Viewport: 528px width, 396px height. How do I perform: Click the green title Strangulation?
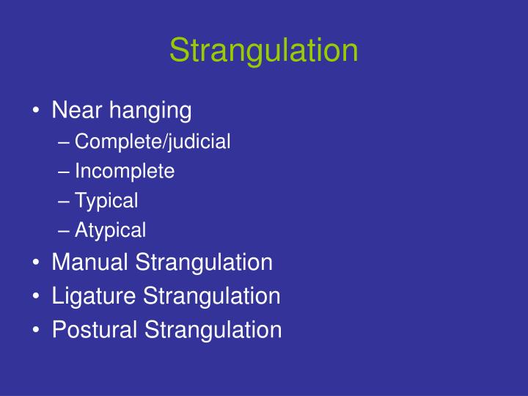pos(264,51)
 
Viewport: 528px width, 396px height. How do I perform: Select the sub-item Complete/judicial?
pos(153,142)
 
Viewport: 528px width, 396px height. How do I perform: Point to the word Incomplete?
pos(125,172)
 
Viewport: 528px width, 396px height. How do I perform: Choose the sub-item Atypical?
pos(110,231)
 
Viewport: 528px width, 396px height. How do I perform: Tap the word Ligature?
pos(94,297)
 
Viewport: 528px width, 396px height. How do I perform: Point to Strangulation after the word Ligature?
pos(211,296)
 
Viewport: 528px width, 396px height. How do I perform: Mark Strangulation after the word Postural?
pos(213,330)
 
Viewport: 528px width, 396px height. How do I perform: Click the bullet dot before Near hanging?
pos(37,112)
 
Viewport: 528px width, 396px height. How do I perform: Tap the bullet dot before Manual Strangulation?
pos(37,263)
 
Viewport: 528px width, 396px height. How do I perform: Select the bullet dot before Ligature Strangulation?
pos(37,297)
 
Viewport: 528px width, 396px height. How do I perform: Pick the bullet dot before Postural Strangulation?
pos(37,331)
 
